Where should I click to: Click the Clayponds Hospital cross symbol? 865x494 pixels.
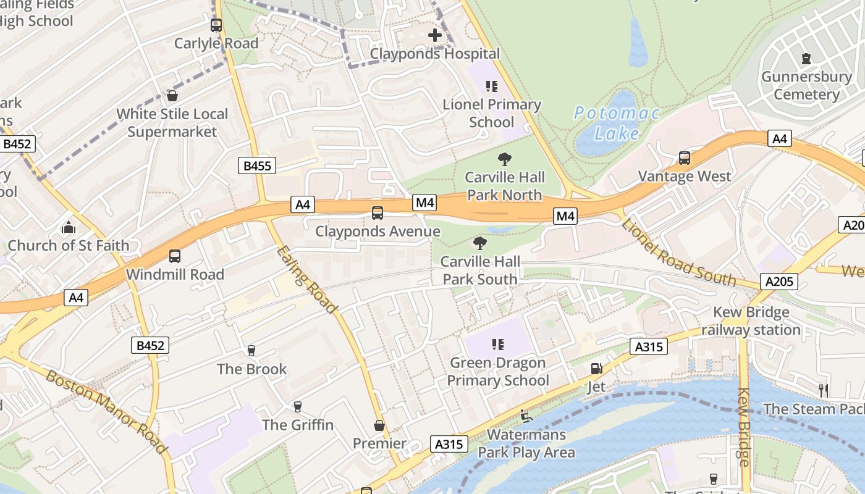point(435,35)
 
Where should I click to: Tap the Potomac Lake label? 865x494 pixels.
point(617,123)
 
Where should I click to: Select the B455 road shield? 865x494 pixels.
point(257,165)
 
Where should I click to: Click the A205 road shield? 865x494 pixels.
point(778,282)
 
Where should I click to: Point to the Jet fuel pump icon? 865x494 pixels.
point(596,369)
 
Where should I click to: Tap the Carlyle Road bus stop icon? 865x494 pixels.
point(216,25)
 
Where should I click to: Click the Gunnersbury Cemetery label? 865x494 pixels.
point(806,86)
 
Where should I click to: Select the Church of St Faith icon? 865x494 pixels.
point(69,227)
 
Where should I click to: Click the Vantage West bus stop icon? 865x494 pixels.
point(684,158)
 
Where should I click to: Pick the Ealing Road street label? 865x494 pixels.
point(307,280)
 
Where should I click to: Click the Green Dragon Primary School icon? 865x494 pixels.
point(497,345)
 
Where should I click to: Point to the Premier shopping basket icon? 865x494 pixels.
point(379,425)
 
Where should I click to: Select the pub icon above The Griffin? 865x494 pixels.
point(297,406)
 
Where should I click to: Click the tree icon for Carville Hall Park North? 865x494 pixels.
point(505,159)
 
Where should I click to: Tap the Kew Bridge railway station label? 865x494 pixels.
point(751,321)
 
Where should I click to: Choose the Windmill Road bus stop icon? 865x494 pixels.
point(175,256)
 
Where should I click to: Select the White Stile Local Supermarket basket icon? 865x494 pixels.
point(172,96)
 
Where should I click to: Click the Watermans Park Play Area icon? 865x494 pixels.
point(526,416)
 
